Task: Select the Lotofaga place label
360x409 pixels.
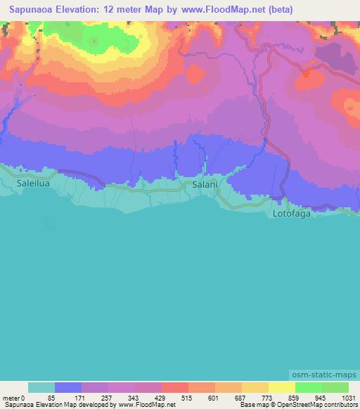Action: pos(291,212)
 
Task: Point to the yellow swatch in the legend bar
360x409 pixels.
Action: pos(282,387)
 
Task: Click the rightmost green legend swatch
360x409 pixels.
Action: pos(335,387)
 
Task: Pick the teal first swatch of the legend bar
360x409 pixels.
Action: pos(41,387)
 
